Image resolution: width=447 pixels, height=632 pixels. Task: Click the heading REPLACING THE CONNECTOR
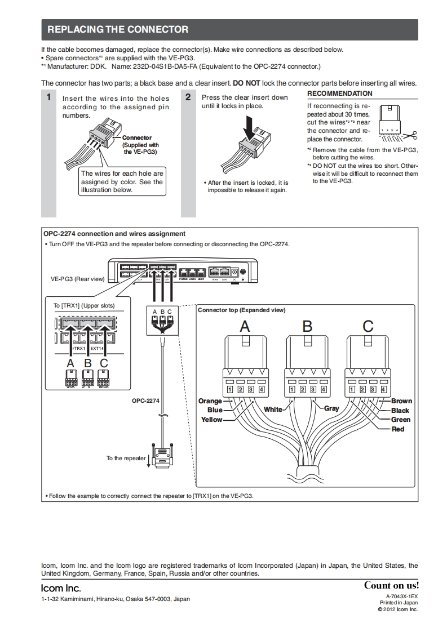(x=118, y=29)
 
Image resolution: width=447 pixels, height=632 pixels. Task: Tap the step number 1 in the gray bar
(x=49, y=97)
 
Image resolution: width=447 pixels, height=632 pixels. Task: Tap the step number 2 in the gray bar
(x=188, y=97)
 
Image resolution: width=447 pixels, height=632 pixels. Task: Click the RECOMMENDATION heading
(x=339, y=94)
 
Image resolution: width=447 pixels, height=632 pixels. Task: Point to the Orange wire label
(x=210, y=401)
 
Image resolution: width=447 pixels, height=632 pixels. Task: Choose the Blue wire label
(x=215, y=410)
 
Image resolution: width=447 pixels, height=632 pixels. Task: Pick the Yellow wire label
(x=212, y=420)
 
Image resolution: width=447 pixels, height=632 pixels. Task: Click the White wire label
(x=273, y=410)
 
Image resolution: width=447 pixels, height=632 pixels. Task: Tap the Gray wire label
(x=331, y=408)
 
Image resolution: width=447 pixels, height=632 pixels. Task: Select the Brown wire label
(x=401, y=401)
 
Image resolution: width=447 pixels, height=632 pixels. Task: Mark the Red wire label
(x=398, y=429)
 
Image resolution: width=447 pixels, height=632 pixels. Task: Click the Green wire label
(x=401, y=420)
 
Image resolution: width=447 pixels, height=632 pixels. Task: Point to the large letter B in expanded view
(x=307, y=326)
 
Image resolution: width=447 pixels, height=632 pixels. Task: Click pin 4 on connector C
(x=383, y=389)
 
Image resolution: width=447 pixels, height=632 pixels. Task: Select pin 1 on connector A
(x=230, y=389)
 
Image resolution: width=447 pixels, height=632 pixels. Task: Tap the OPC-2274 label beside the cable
(x=145, y=401)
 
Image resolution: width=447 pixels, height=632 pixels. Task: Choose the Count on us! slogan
(x=391, y=585)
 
